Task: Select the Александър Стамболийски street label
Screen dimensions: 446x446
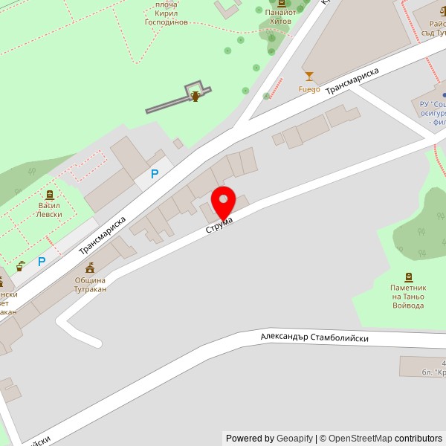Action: coord(314,337)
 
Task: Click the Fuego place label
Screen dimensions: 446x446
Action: coord(308,89)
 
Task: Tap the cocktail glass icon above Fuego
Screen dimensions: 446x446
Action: coord(309,76)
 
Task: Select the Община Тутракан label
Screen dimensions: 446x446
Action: coord(90,285)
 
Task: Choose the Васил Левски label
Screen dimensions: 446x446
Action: coord(50,210)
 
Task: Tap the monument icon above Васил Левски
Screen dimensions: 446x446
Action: coord(50,194)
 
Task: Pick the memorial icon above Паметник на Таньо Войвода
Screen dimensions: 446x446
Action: coord(408,277)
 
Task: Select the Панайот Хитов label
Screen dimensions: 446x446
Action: coord(280,16)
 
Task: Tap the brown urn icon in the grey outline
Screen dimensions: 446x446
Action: coord(195,95)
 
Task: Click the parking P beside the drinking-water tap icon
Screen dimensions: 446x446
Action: coord(42,262)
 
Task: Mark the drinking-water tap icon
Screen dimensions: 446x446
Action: coord(21,265)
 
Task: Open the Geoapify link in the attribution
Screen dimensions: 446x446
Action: coord(294,439)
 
